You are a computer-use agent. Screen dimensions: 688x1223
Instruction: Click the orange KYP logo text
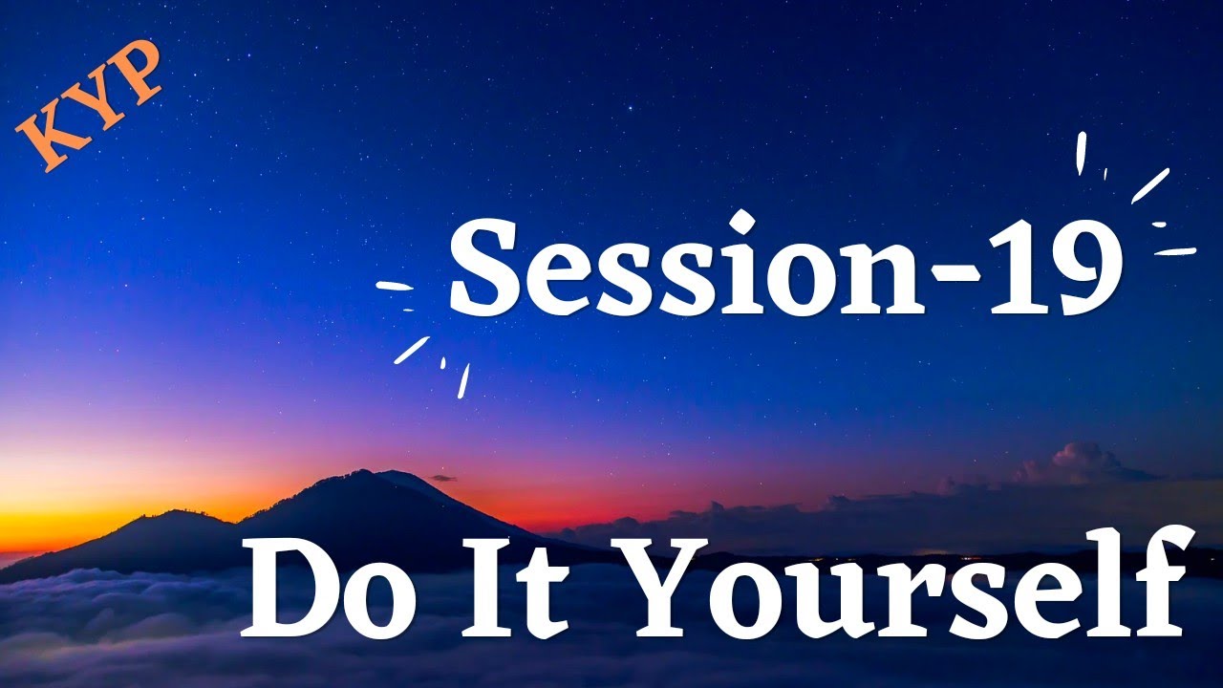click(x=91, y=106)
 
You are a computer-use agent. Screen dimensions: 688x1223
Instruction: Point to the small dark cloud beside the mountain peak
click(x=442, y=478)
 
